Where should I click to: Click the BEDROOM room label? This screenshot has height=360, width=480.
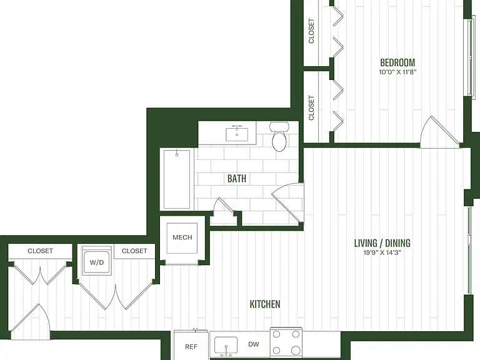(397, 62)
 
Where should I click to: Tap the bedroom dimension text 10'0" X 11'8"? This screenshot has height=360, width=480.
(397, 72)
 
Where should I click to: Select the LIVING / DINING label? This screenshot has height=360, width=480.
(382, 243)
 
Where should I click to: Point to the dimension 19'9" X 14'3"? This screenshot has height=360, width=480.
(382, 253)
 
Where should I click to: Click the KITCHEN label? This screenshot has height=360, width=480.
(265, 304)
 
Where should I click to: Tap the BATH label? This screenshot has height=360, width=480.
(237, 179)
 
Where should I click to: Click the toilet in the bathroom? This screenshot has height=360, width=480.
(279, 136)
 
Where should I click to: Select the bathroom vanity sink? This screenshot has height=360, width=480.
(237, 134)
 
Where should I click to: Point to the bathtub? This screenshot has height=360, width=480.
(177, 179)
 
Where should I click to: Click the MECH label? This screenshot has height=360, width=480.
(182, 237)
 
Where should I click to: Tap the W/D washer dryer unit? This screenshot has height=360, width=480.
(97, 262)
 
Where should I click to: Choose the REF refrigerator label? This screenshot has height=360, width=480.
(191, 346)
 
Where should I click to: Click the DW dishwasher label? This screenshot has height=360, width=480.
(254, 344)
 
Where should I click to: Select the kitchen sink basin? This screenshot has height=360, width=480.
(226, 345)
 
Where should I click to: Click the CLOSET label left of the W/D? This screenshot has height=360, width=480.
(40, 251)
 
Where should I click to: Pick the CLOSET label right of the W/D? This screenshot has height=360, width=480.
(134, 251)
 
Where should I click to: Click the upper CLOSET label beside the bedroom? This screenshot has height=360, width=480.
(311, 31)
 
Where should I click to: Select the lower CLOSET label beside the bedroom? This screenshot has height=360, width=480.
(311, 107)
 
